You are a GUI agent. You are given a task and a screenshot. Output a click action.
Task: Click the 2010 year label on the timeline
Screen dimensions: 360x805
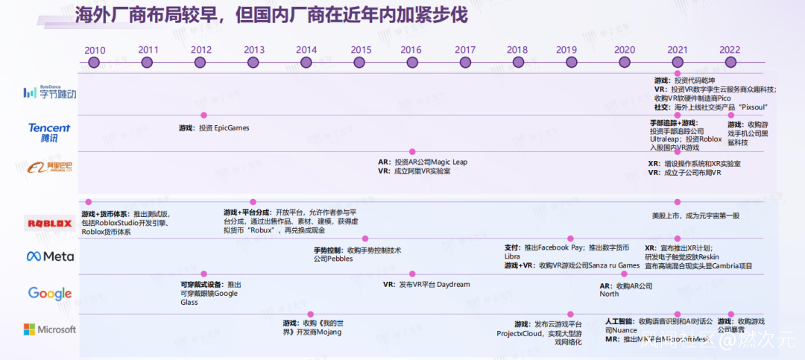(95, 50)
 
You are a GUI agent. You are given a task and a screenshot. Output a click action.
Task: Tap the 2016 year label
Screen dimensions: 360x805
(411, 50)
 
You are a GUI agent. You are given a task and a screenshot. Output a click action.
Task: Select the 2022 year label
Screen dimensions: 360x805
(730, 50)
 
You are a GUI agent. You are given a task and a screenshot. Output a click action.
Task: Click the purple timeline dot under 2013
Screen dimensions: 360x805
(254, 63)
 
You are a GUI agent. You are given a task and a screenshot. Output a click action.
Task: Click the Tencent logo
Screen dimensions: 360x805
(49, 133)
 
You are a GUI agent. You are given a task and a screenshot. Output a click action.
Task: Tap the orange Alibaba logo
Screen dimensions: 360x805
(49, 168)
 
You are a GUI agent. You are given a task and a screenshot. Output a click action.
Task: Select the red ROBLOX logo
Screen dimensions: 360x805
(49, 223)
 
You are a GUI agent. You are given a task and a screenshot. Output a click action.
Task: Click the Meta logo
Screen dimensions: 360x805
(50, 256)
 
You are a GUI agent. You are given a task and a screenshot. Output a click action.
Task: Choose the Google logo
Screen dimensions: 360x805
(50, 293)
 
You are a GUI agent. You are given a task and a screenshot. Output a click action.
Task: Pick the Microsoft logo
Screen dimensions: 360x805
(50, 329)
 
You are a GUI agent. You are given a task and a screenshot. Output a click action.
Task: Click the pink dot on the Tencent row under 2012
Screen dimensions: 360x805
(203, 116)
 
